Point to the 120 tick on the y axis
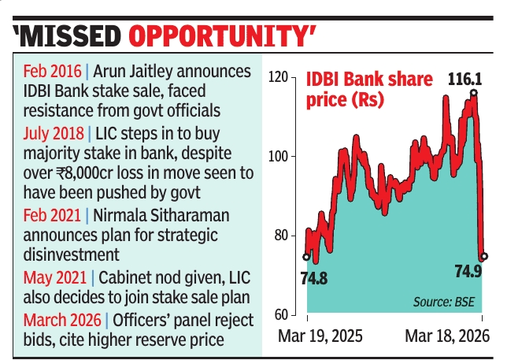(x=278, y=76)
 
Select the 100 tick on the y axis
(x=278, y=156)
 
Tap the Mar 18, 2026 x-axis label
(x=447, y=336)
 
